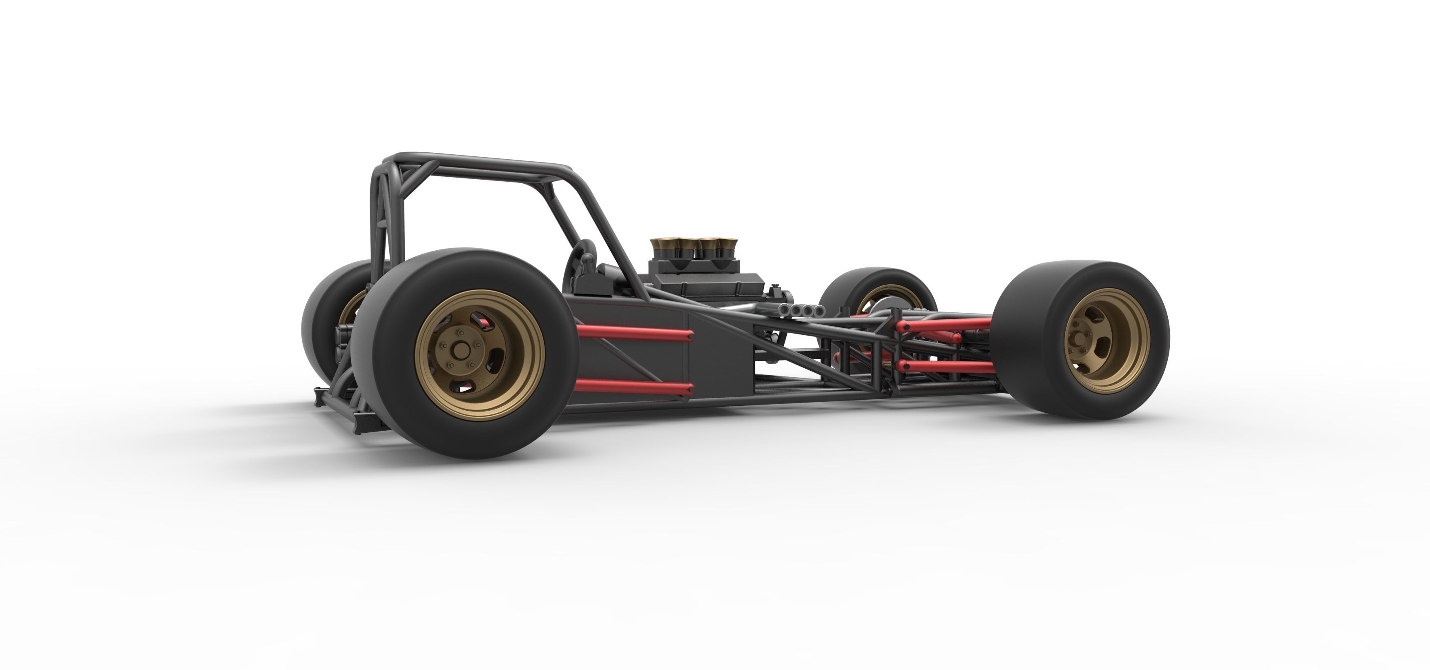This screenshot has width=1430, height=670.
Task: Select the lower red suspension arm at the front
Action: (x=944, y=366)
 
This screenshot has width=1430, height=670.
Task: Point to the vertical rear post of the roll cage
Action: (x=377, y=222)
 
